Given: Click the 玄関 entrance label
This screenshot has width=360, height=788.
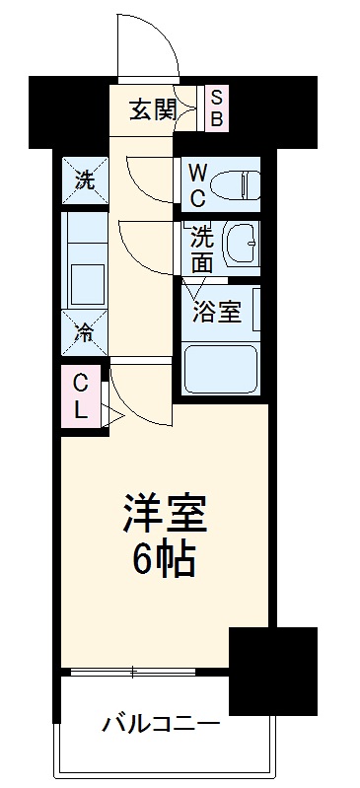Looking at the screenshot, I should (x=154, y=109).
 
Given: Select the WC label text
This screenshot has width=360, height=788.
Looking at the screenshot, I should (x=197, y=183).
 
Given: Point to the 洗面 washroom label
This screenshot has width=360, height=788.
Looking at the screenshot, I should (x=201, y=249).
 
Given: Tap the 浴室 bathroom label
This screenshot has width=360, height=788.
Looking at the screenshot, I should (x=215, y=314).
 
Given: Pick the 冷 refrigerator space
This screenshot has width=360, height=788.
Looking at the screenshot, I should (x=85, y=332).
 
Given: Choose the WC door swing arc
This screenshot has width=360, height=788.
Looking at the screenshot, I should (x=149, y=182).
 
